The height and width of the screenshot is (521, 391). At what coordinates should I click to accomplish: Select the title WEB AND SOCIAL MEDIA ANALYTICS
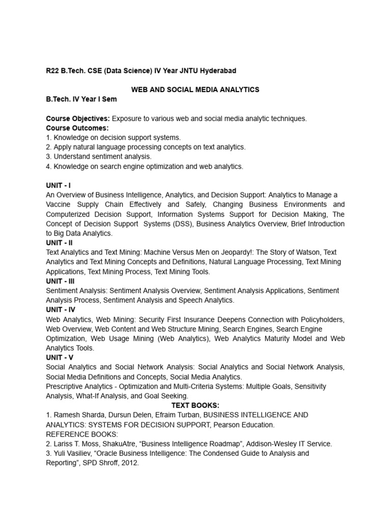pyautogui.click(x=195, y=90)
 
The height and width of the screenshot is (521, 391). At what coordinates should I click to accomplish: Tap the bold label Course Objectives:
pyautogui.click(x=78, y=119)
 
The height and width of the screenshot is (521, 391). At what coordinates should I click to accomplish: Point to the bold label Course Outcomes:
pyautogui.click(x=77, y=128)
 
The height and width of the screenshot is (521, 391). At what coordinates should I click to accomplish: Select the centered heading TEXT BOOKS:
pyautogui.click(x=195, y=406)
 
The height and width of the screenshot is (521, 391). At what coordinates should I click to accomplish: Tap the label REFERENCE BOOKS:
pyautogui.click(x=81, y=434)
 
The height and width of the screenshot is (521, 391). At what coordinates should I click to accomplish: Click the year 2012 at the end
pyautogui.click(x=128, y=463)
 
